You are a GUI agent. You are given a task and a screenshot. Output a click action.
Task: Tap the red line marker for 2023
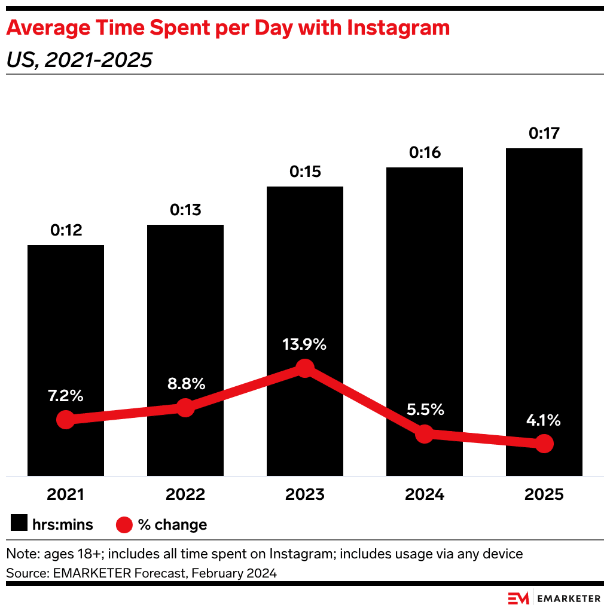pos(305,368)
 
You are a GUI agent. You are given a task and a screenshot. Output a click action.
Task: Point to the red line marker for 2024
pos(424,434)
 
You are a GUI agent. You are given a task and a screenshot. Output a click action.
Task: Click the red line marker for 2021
pos(66,420)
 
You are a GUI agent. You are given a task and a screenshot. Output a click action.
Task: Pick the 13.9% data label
pos(305,345)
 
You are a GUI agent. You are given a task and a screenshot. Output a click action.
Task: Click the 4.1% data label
pos(544,420)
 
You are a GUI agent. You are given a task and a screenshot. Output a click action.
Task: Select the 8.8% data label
pos(185,384)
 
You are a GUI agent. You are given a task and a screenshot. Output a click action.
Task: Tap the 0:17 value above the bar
pos(544,133)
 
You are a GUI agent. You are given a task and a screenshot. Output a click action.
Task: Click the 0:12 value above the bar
pos(66,230)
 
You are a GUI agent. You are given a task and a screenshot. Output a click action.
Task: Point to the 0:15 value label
pos(305,172)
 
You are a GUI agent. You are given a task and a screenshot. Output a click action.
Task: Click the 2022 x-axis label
pos(185,494)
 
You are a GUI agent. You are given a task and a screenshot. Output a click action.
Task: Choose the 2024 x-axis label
pos(424,494)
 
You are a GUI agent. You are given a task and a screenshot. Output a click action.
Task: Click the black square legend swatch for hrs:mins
pos(19,524)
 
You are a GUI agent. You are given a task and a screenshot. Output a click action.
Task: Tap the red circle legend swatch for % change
pos(123,524)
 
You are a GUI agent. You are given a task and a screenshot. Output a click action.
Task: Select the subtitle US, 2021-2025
pos(79,60)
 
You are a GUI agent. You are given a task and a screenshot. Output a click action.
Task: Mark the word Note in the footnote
pos(20,554)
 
